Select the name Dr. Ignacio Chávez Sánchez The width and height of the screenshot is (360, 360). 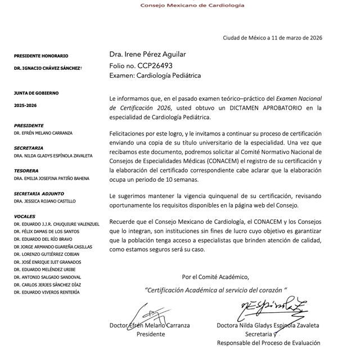point(48,68)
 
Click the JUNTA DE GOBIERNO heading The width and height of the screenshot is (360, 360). point(37,93)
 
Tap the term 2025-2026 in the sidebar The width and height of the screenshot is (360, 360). point(26,105)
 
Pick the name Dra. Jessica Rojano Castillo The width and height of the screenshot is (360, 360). point(44,201)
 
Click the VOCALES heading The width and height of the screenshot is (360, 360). point(25,216)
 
